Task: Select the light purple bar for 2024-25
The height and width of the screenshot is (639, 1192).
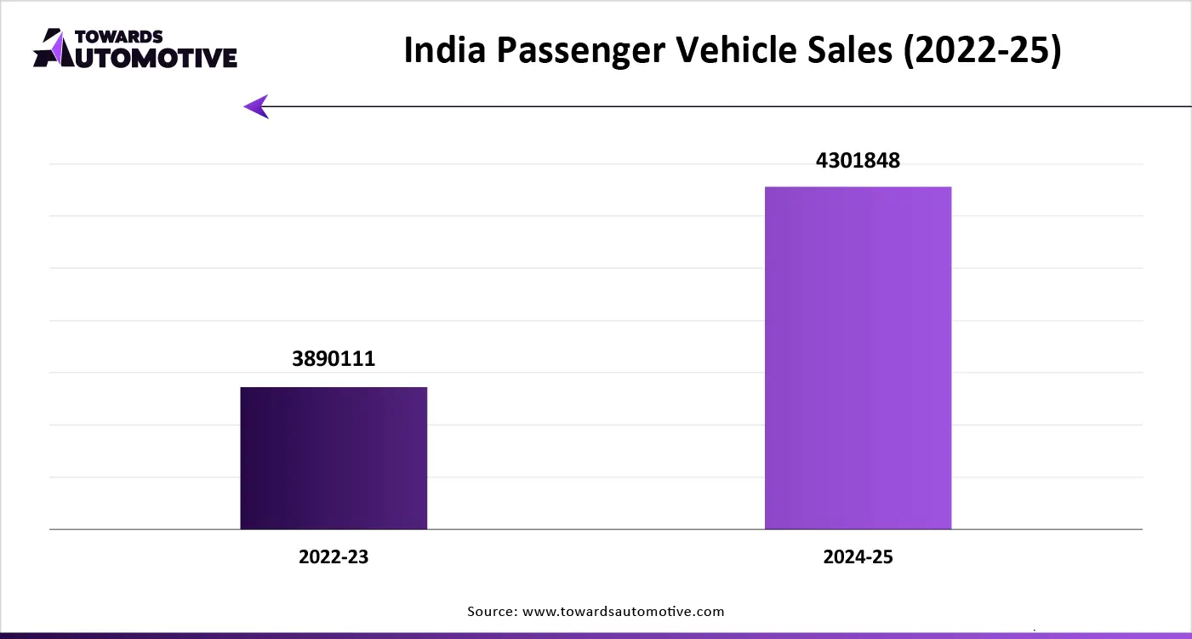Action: coord(858,357)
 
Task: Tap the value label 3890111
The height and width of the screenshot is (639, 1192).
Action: coord(334,359)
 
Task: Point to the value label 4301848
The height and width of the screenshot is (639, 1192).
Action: coord(858,160)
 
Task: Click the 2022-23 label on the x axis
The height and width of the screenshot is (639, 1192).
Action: coord(334,557)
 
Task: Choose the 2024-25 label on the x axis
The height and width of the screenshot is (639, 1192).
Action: coord(858,557)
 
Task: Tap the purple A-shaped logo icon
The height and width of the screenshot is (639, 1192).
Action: coord(51,48)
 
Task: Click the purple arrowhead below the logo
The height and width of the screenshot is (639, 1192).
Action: coord(256,106)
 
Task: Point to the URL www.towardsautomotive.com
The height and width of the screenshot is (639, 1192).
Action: coord(623,611)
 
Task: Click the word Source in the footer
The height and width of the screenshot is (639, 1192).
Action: coord(491,611)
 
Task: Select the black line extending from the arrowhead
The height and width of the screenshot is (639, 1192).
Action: coord(723,106)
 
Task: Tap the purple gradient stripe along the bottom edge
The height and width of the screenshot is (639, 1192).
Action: coord(596,635)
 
